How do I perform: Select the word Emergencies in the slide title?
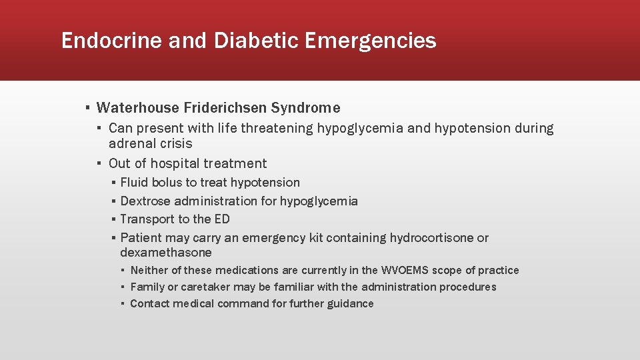pos(371,41)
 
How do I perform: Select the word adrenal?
pos(131,144)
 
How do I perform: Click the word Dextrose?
pos(146,201)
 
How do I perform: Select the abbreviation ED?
pos(222,219)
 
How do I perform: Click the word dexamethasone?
pos(166,253)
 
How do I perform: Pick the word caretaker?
pos(202,287)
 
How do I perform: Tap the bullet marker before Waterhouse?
pos(87,108)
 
